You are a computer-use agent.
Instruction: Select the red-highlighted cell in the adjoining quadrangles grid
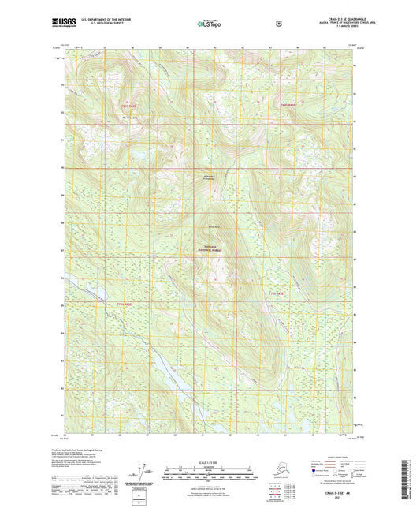click(x=276, y=488)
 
